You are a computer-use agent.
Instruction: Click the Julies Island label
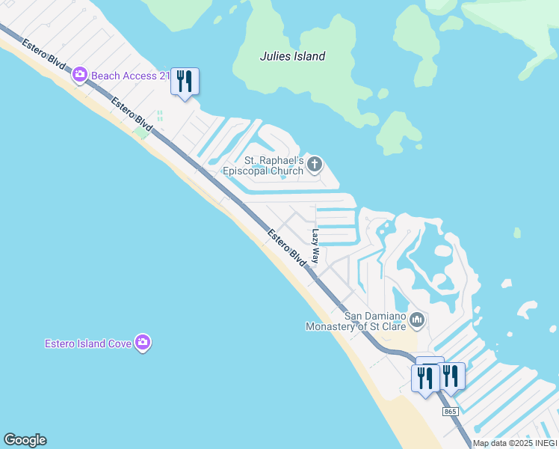click(x=292, y=56)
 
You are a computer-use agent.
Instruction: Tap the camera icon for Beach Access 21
click(x=80, y=75)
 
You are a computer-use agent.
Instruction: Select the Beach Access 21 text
click(x=129, y=76)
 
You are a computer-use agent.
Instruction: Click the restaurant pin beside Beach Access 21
click(x=185, y=81)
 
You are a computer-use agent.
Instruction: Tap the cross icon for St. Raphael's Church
click(x=315, y=164)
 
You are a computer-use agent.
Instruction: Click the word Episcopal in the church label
click(x=247, y=171)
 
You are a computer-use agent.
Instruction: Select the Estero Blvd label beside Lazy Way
click(x=287, y=247)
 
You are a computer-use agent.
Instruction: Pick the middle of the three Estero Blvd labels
click(x=132, y=114)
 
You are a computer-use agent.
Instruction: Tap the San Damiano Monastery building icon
click(x=417, y=320)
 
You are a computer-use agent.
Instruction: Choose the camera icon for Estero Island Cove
click(x=142, y=343)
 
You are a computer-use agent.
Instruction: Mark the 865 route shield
click(x=449, y=412)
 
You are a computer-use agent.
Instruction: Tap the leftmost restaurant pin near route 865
click(x=425, y=376)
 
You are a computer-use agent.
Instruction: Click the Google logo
click(x=25, y=440)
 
